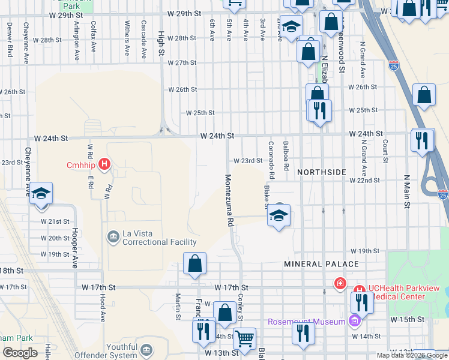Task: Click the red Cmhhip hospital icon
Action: tap(105, 164)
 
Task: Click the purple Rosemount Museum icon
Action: tap(354, 322)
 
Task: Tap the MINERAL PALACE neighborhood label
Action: tap(321, 264)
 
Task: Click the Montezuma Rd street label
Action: tap(229, 200)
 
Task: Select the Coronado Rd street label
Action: tap(271, 160)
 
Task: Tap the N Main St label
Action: tap(406, 192)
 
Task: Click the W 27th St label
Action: tap(182, 63)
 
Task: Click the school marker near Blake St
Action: tap(279, 215)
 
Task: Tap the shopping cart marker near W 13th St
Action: tap(245, 339)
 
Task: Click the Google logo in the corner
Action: tap(20, 353)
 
